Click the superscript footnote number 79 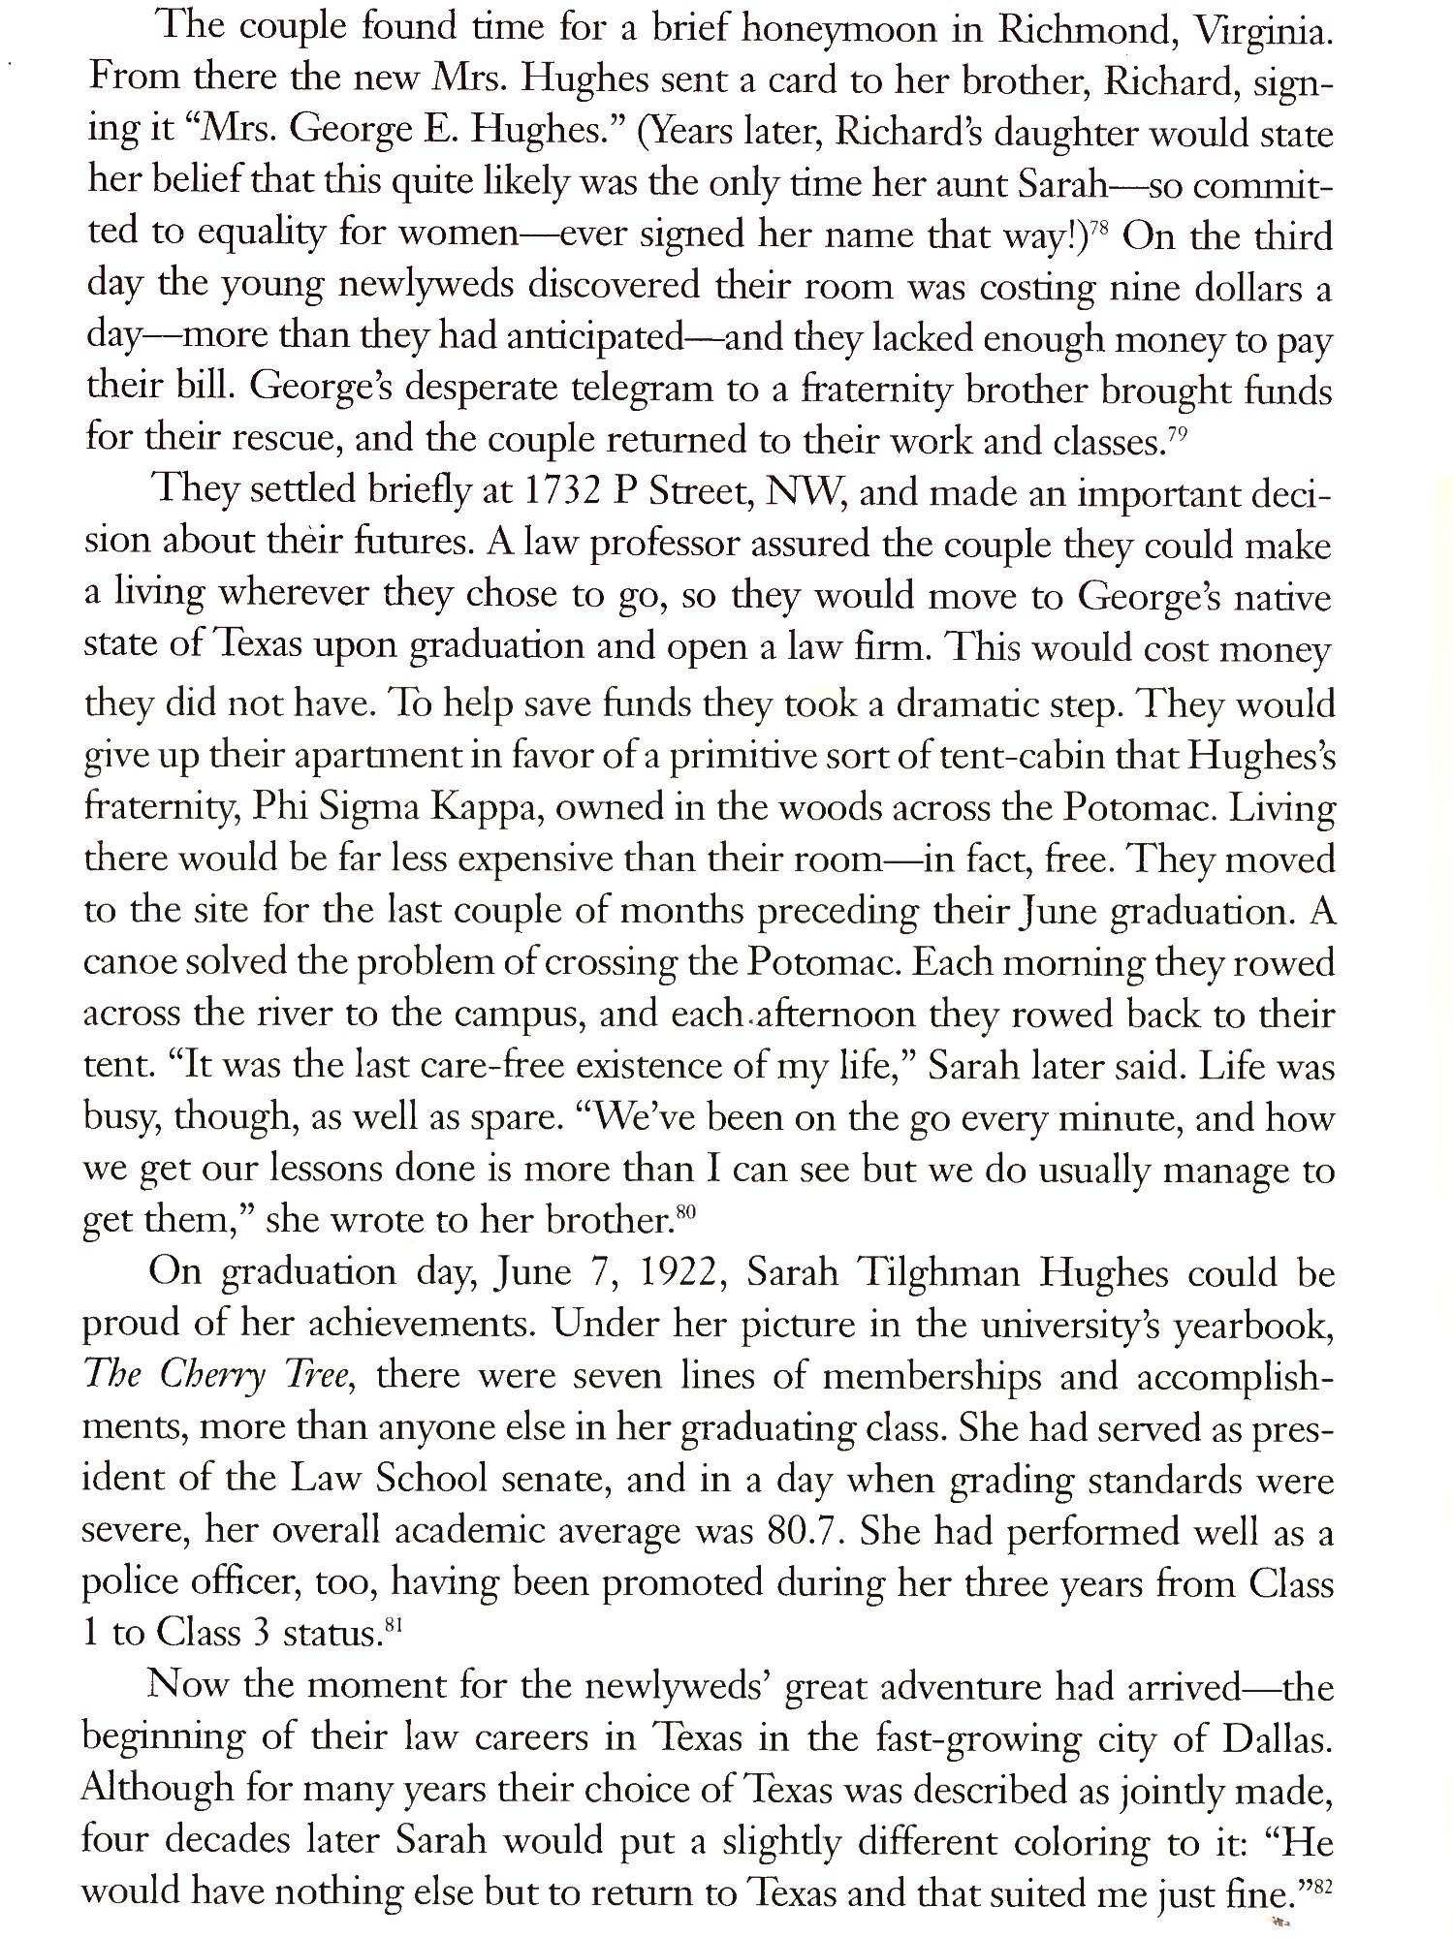pos(1177,434)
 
